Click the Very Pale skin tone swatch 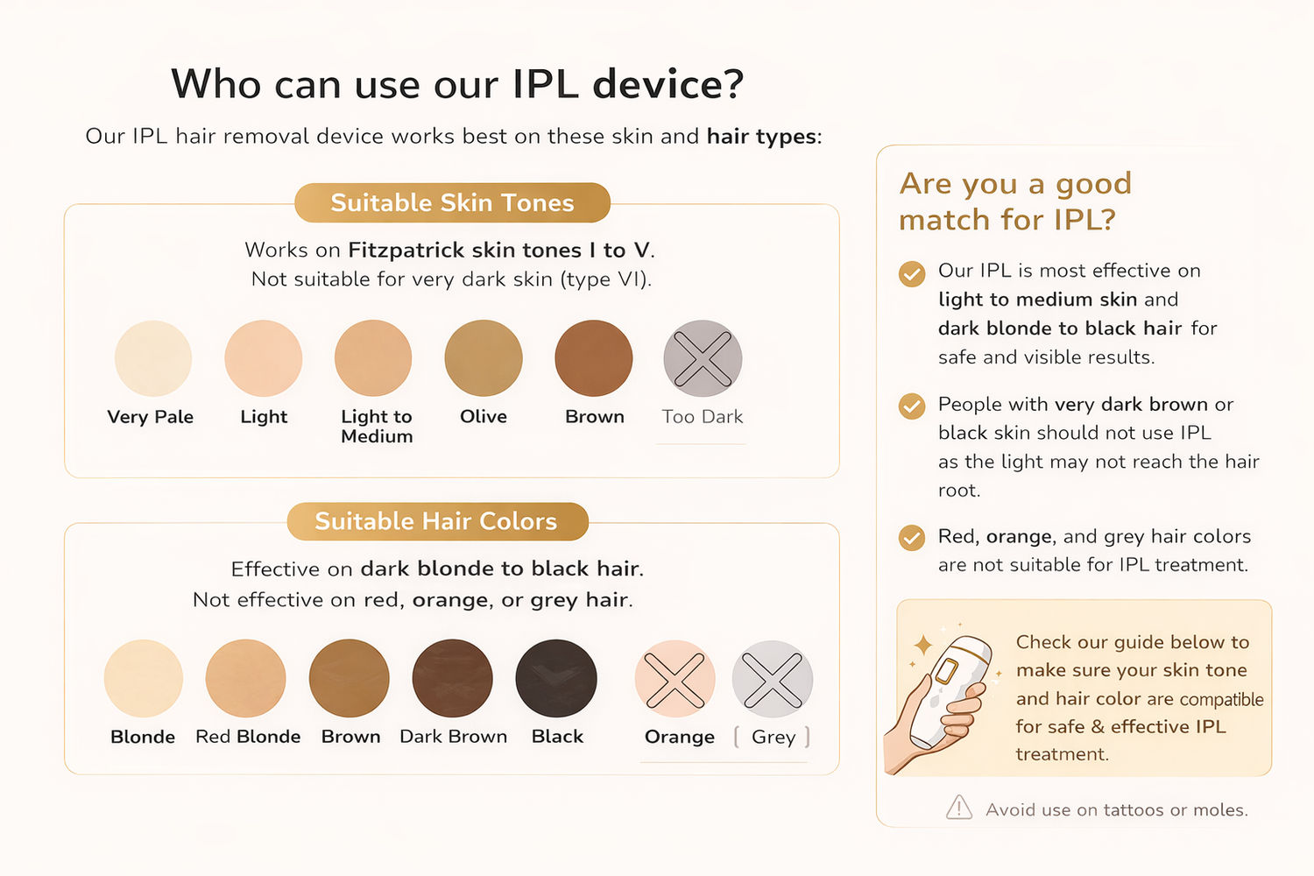(153, 358)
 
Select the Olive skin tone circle (484, 358)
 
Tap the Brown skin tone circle (594, 358)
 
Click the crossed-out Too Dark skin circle (703, 358)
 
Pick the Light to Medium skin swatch (373, 358)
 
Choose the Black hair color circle (556, 678)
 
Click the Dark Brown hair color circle (452, 678)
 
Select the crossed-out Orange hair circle (675, 679)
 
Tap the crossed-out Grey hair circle (772, 679)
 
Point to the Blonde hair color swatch (143, 678)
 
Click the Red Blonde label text (248, 737)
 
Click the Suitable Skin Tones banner (452, 202)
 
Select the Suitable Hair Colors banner (438, 521)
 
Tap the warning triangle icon (959, 808)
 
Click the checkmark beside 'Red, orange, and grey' (912, 538)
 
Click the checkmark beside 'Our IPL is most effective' (912, 273)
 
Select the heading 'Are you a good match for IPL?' (1015, 201)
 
